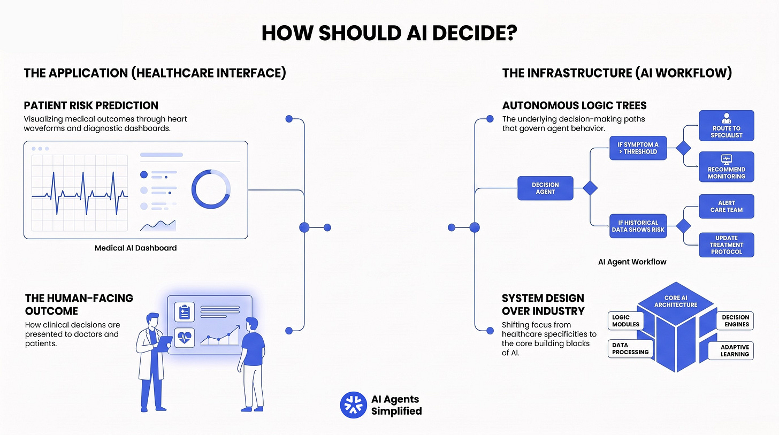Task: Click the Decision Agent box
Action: tap(545, 188)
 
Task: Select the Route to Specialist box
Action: tap(727, 126)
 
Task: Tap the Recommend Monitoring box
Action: tap(727, 167)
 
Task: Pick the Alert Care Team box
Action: tap(727, 207)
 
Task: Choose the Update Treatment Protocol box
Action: tap(727, 245)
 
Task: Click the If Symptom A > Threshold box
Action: tap(638, 148)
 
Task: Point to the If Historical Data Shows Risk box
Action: tap(638, 226)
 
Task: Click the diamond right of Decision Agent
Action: tap(590, 188)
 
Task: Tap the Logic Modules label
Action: tap(625, 320)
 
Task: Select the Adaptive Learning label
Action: tap(731, 350)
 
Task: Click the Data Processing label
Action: tap(630, 348)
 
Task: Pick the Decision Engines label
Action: tap(735, 320)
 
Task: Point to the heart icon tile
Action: tap(184, 337)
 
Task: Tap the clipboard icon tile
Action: tap(184, 312)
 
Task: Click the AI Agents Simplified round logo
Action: tap(353, 405)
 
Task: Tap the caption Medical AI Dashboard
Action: tap(136, 248)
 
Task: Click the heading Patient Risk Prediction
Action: tap(91, 105)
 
